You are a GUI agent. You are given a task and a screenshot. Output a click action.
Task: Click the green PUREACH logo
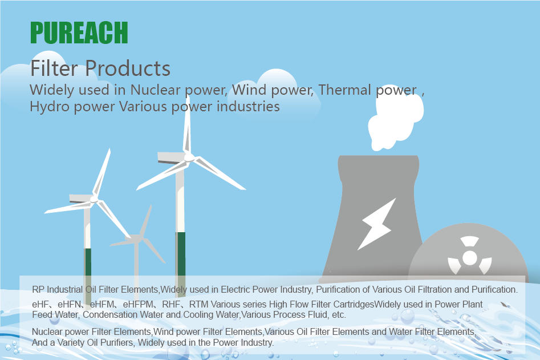(x=79, y=33)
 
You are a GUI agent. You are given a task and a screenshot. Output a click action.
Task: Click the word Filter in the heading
(x=54, y=68)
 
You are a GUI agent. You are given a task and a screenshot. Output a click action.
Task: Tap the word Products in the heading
(x=128, y=68)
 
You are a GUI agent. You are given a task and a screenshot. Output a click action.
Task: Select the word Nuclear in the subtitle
(x=155, y=90)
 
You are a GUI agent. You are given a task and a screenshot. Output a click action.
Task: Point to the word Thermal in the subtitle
(x=344, y=90)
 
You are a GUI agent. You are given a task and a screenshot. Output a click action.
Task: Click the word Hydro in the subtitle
(x=50, y=107)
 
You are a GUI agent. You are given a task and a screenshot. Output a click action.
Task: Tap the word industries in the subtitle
(x=248, y=107)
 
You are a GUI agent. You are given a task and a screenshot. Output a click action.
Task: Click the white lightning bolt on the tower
(x=376, y=224)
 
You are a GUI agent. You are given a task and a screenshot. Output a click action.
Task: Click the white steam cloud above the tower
(x=395, y=120)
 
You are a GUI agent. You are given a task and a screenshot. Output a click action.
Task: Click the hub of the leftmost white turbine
(x=94, y=199)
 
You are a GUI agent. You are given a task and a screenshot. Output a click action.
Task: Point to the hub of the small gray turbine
(x=138, y=238)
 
